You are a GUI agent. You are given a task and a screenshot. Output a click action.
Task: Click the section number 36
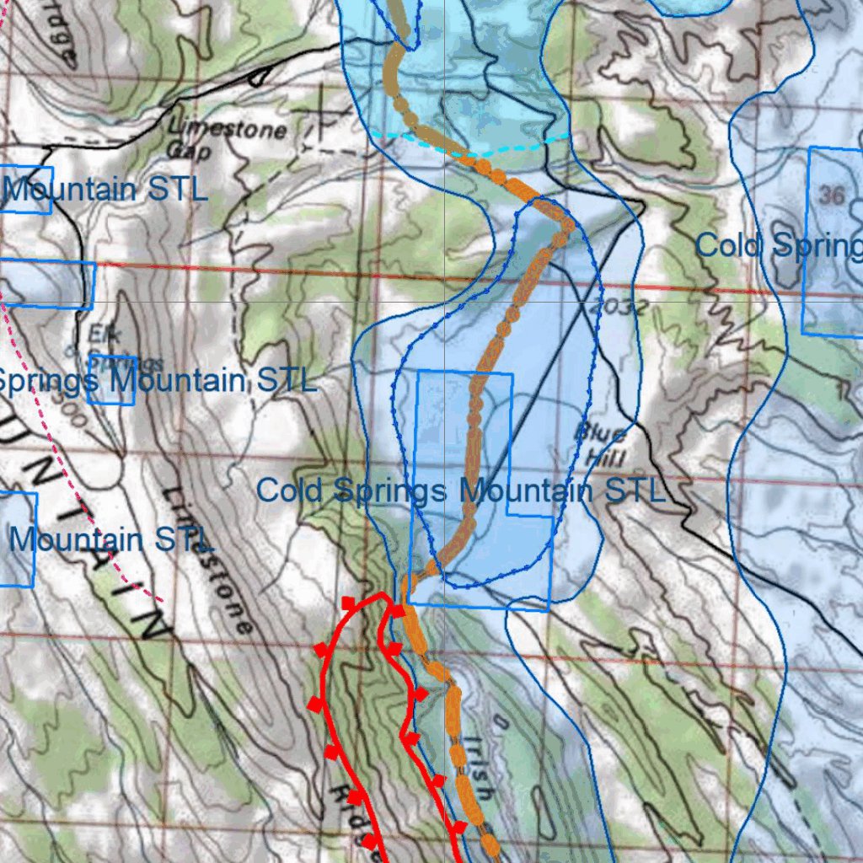pos(832,196)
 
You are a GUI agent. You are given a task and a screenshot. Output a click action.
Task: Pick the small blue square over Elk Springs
pos(111,380)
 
